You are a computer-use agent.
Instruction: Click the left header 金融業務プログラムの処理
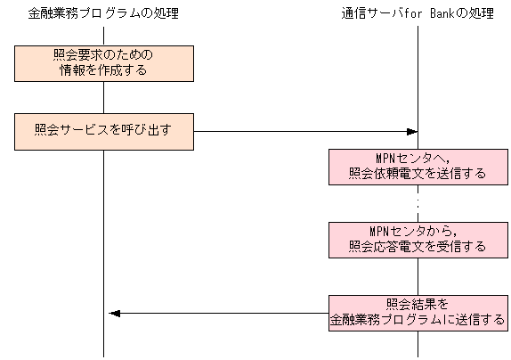[x=103, y=13]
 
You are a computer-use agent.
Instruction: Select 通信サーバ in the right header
[x=369, y=13]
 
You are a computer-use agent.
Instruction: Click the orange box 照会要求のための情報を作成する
[x=103, y=62]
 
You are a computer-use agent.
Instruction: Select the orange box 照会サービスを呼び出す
[x=103, y=131]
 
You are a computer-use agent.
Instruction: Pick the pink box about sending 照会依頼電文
[x=418, y=167]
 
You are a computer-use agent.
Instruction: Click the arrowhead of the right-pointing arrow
[x=412, y=131]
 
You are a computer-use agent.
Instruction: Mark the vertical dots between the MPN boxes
[x=418, y=203]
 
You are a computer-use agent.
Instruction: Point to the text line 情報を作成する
[x=103, y=70]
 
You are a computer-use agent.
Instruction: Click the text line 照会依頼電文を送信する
[x=418, y=175]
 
